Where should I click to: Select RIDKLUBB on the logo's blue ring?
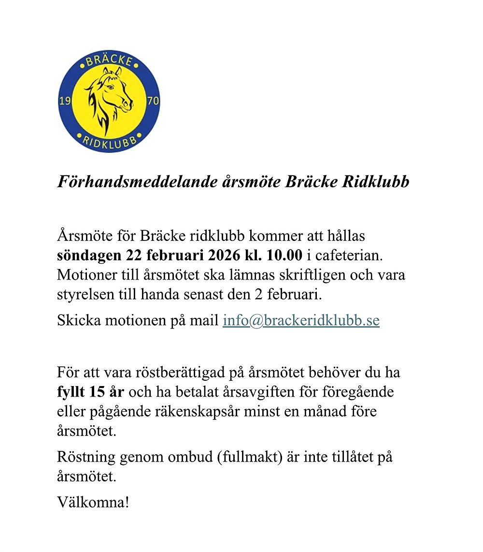click(109, 141)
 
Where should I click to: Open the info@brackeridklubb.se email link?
click(301, 320)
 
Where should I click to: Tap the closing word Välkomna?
click(93, 501)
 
